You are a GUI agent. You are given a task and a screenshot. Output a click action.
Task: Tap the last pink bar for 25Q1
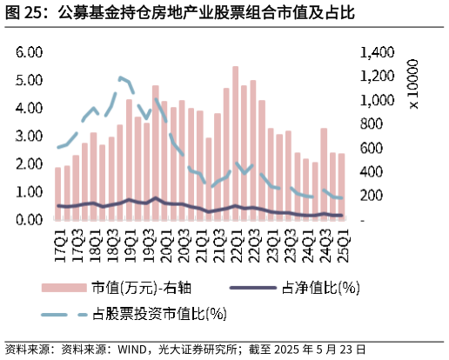[x=342, y=186]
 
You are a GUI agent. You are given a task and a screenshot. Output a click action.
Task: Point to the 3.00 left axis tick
[x=30, y=137]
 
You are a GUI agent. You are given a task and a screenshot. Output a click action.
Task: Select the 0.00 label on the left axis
[x=30, y=220]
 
